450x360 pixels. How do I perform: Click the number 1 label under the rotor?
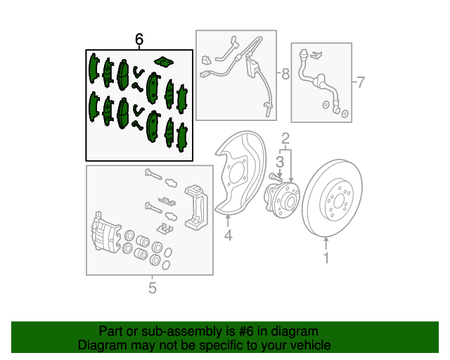[x=326, y=259]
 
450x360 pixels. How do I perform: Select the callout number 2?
[x=285, y=138]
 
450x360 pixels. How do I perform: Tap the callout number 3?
[x=279, y=162]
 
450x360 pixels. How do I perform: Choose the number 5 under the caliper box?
[x=152, y=287]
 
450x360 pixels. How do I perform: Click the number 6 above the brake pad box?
[x=139, y=40]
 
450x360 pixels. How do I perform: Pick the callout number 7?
[x=360, y=84]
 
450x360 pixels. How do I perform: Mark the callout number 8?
[x=285, y=73]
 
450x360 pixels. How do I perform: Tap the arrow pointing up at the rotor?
[x=326, y=243]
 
